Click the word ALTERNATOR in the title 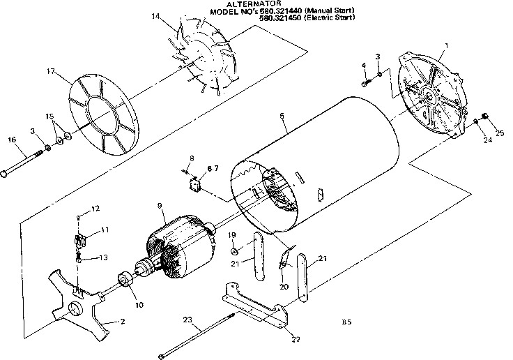[x=249, y=4]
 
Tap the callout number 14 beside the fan [x=155, y=15]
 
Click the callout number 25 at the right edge [x=499, y=133]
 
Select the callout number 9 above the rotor [x=160, y=206]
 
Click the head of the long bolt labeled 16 [x=6, y=174]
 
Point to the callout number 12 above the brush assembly [x=95, y=209]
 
